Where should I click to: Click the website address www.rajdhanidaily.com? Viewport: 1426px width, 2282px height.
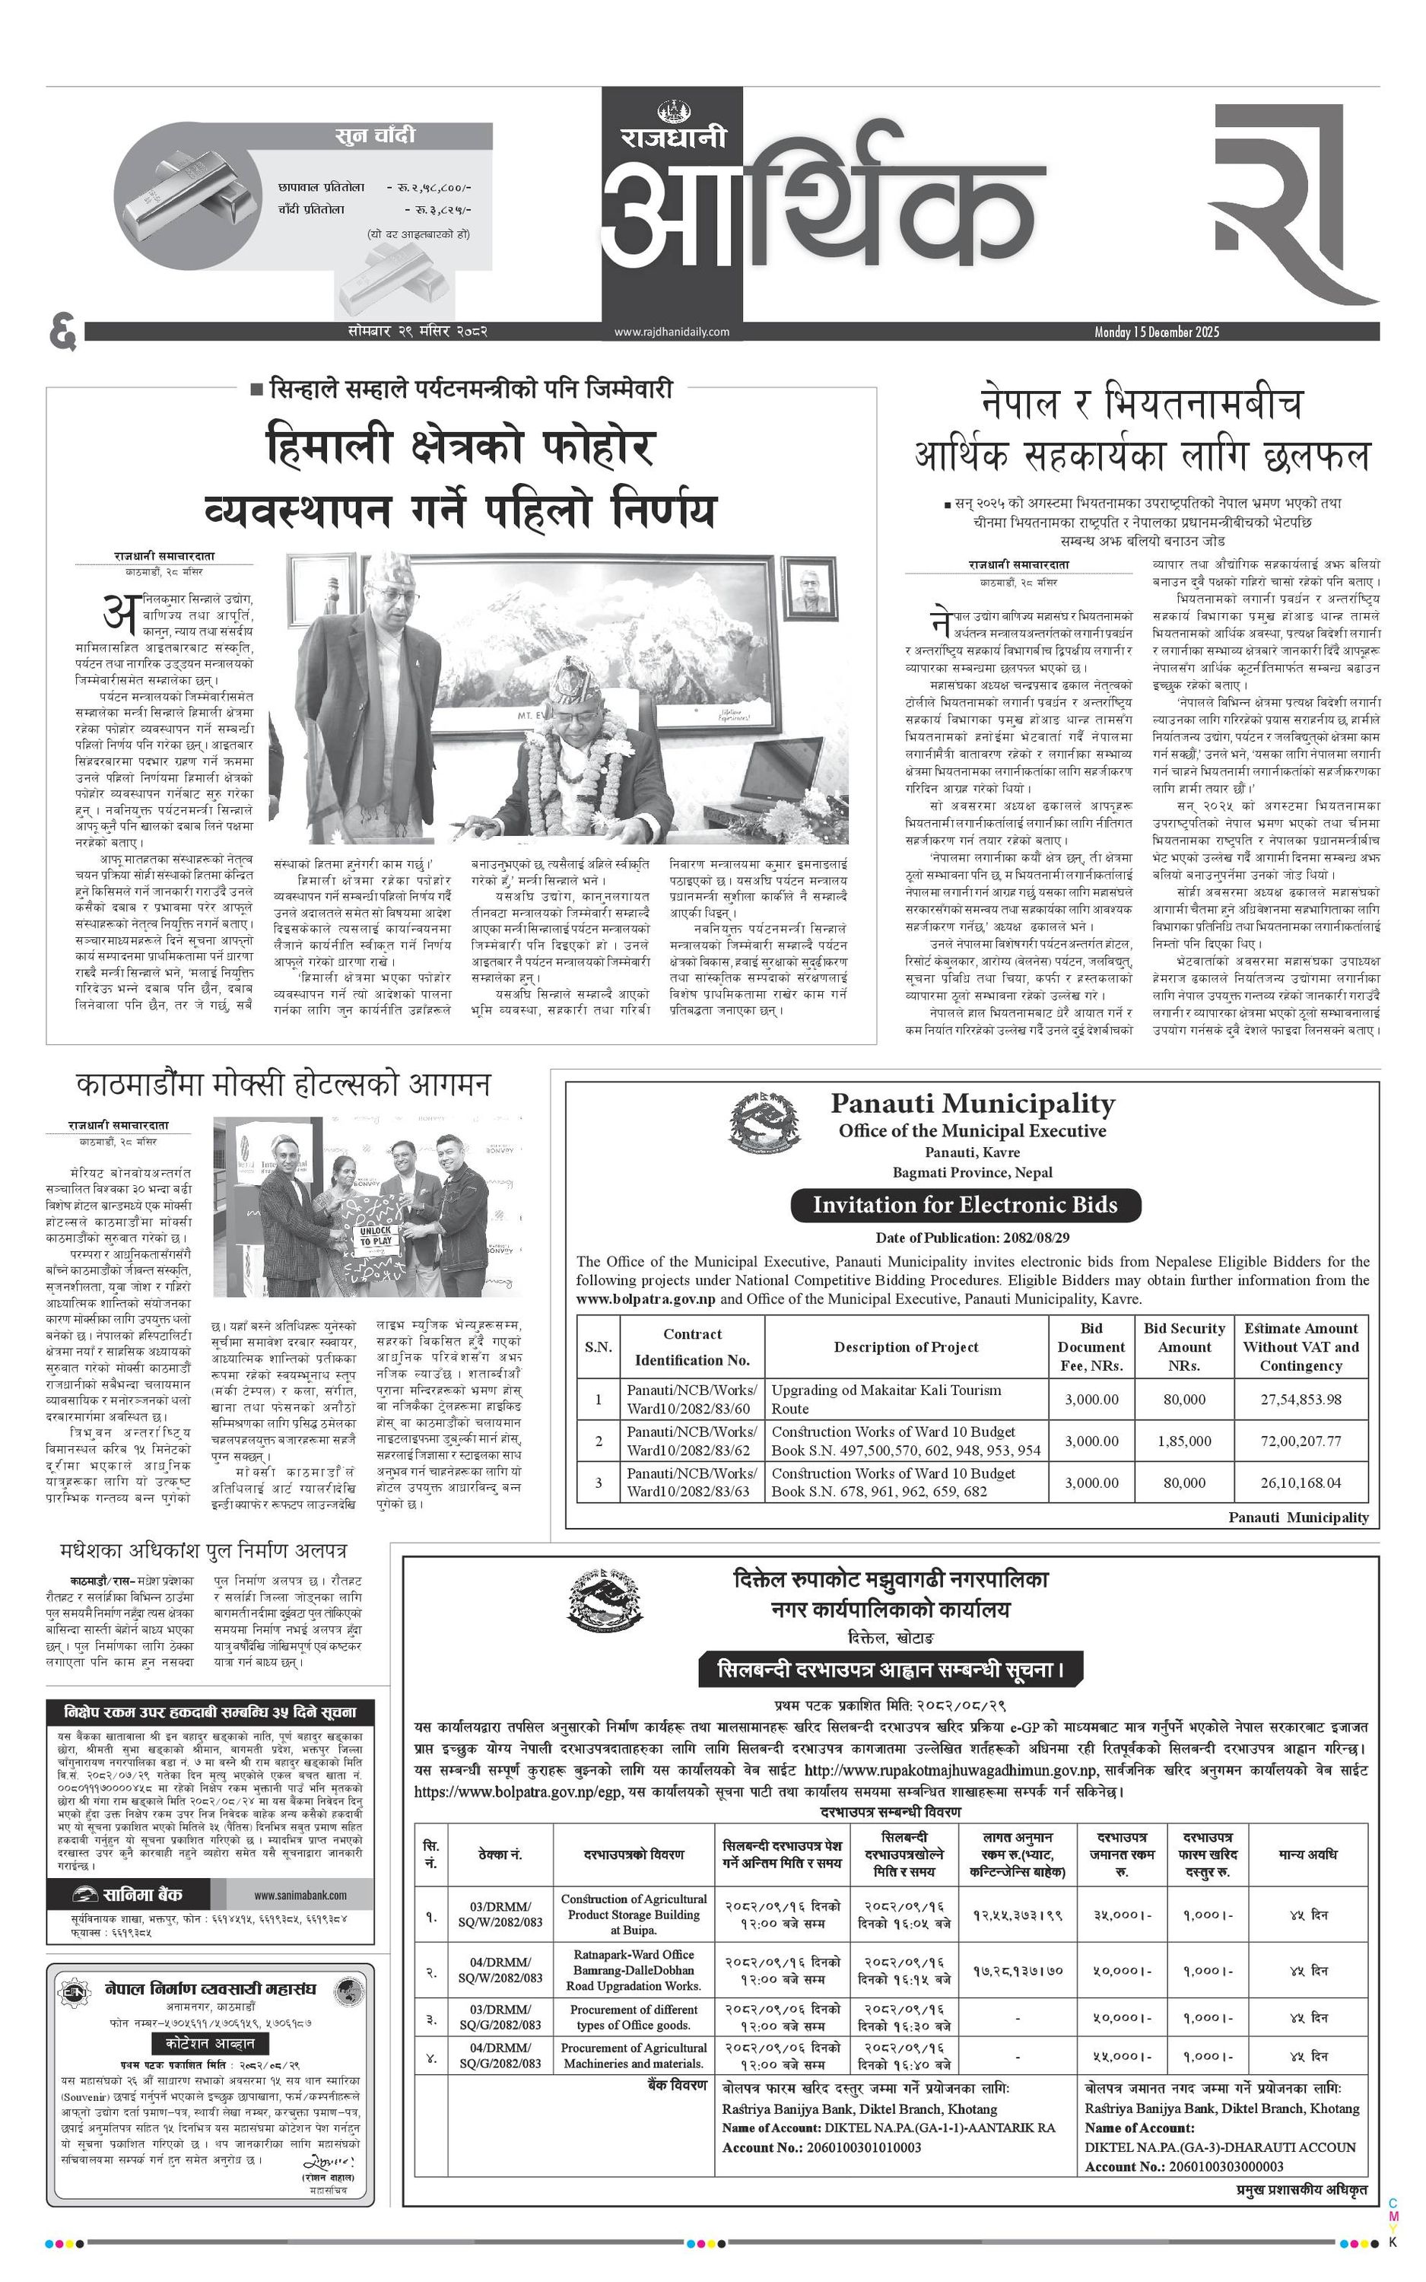(x=672, y=331)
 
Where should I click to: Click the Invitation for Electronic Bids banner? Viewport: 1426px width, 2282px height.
(x=965, y=1204)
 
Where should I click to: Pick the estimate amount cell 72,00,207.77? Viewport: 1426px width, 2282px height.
(x=1301, y=1441)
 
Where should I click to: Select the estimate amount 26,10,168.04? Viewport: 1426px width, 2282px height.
(x=1301, y=1483)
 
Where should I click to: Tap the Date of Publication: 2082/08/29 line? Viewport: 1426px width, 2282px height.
(x=971, y=1237)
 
